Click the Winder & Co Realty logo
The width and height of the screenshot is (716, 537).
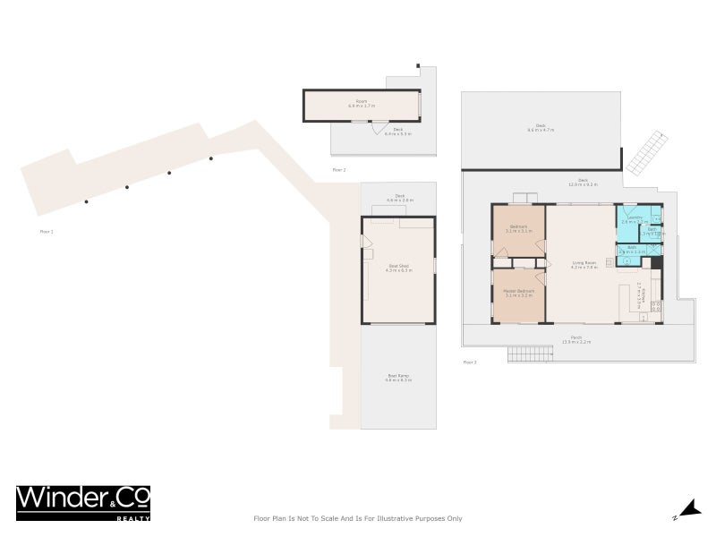83,502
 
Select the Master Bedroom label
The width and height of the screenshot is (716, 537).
519,292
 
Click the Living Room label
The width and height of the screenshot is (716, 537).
584,265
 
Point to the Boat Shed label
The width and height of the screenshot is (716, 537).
398,268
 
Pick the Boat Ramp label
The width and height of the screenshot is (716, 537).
398,378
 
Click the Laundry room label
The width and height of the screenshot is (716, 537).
635,218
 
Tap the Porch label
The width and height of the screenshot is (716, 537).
577,340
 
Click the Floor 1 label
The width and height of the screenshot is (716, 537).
47,232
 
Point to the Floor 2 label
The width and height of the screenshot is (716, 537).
338,169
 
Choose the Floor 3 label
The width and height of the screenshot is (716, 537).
470,362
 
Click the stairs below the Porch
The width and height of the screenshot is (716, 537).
530,354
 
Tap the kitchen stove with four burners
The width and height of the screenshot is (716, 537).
655,308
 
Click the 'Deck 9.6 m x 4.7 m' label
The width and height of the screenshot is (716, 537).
541,129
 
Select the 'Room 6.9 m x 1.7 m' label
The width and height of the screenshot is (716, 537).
362,105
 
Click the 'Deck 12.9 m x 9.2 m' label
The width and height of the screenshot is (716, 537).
582,183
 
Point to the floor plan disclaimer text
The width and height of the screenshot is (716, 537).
358,518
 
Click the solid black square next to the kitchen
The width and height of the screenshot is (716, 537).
656,263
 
